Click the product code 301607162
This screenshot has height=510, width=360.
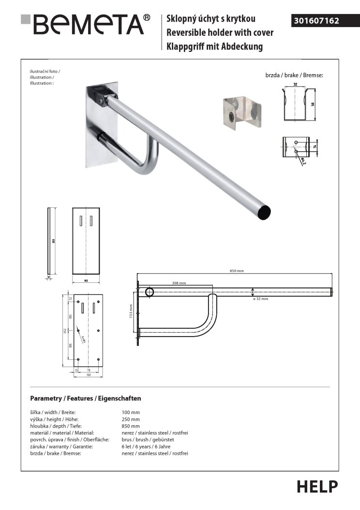pos(316,21)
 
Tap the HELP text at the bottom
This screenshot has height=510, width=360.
pos(317,486)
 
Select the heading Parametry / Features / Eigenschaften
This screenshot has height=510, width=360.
pos(86,398)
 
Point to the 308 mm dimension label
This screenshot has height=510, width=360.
pos(179,282)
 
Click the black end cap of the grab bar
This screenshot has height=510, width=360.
pos(264,212)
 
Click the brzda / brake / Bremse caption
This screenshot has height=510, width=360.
pos(294,76)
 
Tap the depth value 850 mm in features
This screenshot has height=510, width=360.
pos(131,426)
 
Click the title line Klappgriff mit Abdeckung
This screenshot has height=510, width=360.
pos(214,46)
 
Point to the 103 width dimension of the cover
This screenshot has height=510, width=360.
pos(86,280)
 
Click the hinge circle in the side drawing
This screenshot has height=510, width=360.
pos(150,292)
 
